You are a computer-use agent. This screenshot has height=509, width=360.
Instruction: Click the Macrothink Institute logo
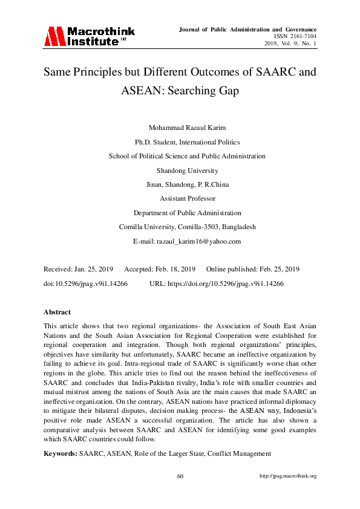point(88,36)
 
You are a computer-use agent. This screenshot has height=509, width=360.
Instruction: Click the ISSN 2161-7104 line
point(295,36)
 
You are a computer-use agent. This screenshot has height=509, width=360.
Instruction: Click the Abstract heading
point(57,312)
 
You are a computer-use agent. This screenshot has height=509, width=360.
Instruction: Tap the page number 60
point(180,476)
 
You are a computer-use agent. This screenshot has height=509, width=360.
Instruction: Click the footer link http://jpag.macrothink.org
point(288,476)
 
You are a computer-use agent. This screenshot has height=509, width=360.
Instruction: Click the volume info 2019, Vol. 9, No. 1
point(290,44)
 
